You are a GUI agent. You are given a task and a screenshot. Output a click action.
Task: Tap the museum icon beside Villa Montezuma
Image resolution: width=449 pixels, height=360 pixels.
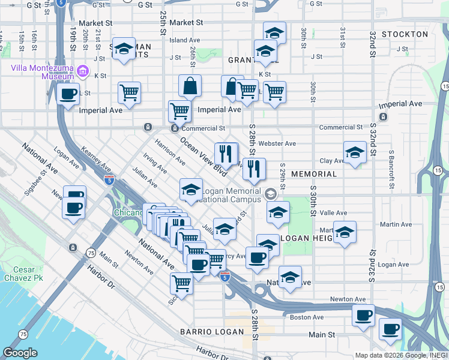[x=83, y=73]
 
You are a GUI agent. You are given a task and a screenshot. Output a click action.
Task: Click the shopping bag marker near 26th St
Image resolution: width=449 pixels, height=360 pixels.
[x=190, y=87]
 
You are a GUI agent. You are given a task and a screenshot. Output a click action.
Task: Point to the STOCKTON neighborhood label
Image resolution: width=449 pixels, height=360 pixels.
[x=405, y=34]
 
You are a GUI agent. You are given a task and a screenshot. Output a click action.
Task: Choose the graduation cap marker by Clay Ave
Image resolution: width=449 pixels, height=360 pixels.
[x=355, y=153]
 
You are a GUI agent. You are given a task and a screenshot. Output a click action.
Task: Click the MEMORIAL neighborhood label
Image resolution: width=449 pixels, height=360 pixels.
[x=314, y=174]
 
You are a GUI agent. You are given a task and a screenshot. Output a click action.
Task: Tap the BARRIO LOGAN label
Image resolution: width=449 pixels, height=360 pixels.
[x=212, y=332]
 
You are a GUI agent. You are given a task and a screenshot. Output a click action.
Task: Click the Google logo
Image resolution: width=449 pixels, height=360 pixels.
[x=20, y=353]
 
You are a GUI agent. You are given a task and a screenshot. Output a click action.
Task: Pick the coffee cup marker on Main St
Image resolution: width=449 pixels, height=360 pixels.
[x=391, y=329]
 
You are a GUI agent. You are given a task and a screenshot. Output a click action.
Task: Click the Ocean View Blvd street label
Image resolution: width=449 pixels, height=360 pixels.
[x=204, y=157]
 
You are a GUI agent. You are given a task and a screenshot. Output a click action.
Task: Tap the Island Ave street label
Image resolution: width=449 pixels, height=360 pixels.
[x=184, y=40]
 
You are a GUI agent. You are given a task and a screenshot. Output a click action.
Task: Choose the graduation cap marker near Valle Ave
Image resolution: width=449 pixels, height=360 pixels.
[x=278, y=213]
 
